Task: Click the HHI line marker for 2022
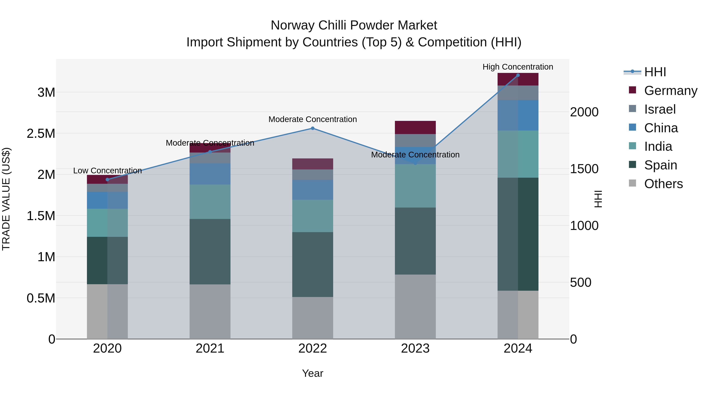coord(313,128)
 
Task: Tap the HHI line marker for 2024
coord(518,75)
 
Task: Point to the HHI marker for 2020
coord(107,180)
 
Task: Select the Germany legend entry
coord(670,91)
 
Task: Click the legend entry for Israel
coord(660,109)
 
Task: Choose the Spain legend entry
coord(660,165)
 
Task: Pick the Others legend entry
coord(663,184)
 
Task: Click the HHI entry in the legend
coord(655,72)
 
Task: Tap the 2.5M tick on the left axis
coord(41,133)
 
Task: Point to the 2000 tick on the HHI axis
coord(584,112)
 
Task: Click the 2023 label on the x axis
coord(415,348)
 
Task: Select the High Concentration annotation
coord(518,67)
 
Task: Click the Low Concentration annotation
coord(107,171)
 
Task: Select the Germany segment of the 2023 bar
coord(415,127)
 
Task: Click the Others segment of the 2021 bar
coord(210,312)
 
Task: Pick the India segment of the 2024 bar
coord(518,154)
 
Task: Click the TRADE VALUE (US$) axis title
coord(6,199)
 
